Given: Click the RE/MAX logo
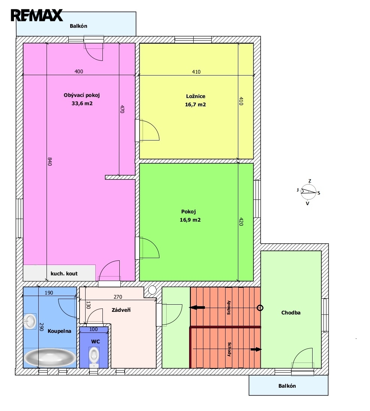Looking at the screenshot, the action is pyautogui.click(x=37, y=15).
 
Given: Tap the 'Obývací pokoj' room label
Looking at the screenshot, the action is pyautogui.click(x=82, y=95).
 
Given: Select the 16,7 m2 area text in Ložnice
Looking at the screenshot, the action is pyautogui.click(x=196, y=104).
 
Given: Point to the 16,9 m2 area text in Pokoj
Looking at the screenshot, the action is pyautogui.click(x=190, y=220).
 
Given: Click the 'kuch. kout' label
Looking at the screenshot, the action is pyautogui.click(x=64, y=273).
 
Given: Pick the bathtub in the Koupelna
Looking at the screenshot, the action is pyautogui.click(x=50, y=358).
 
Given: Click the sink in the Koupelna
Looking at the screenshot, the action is pyautogui.click(x=30, y=321).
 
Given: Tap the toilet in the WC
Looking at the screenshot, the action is pyautogui.click(x=94, y=357).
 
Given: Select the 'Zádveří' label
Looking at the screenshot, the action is pyautogui.click(x=121, y=310).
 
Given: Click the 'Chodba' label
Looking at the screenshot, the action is pyautogui.click(x=291, y=313).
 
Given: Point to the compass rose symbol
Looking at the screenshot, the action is pyautogui.click(x=308, y=192).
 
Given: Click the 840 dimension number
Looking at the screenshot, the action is pyautogui.click(x=50, y=162).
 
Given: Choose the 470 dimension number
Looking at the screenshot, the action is pyautogui.click(x=122, y=109).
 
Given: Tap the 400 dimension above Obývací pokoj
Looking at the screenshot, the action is pyautogui.click(x=79, y=71).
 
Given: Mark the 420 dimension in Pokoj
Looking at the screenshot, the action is pyautogui.click(x=241, y=222).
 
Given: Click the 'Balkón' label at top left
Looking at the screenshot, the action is pyautogui.click(x=78, y=26).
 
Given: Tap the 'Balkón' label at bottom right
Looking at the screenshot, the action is pyautogui.click(x=287, y=386).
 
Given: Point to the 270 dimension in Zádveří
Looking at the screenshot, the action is pyautogui.click(x=118, y=297).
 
